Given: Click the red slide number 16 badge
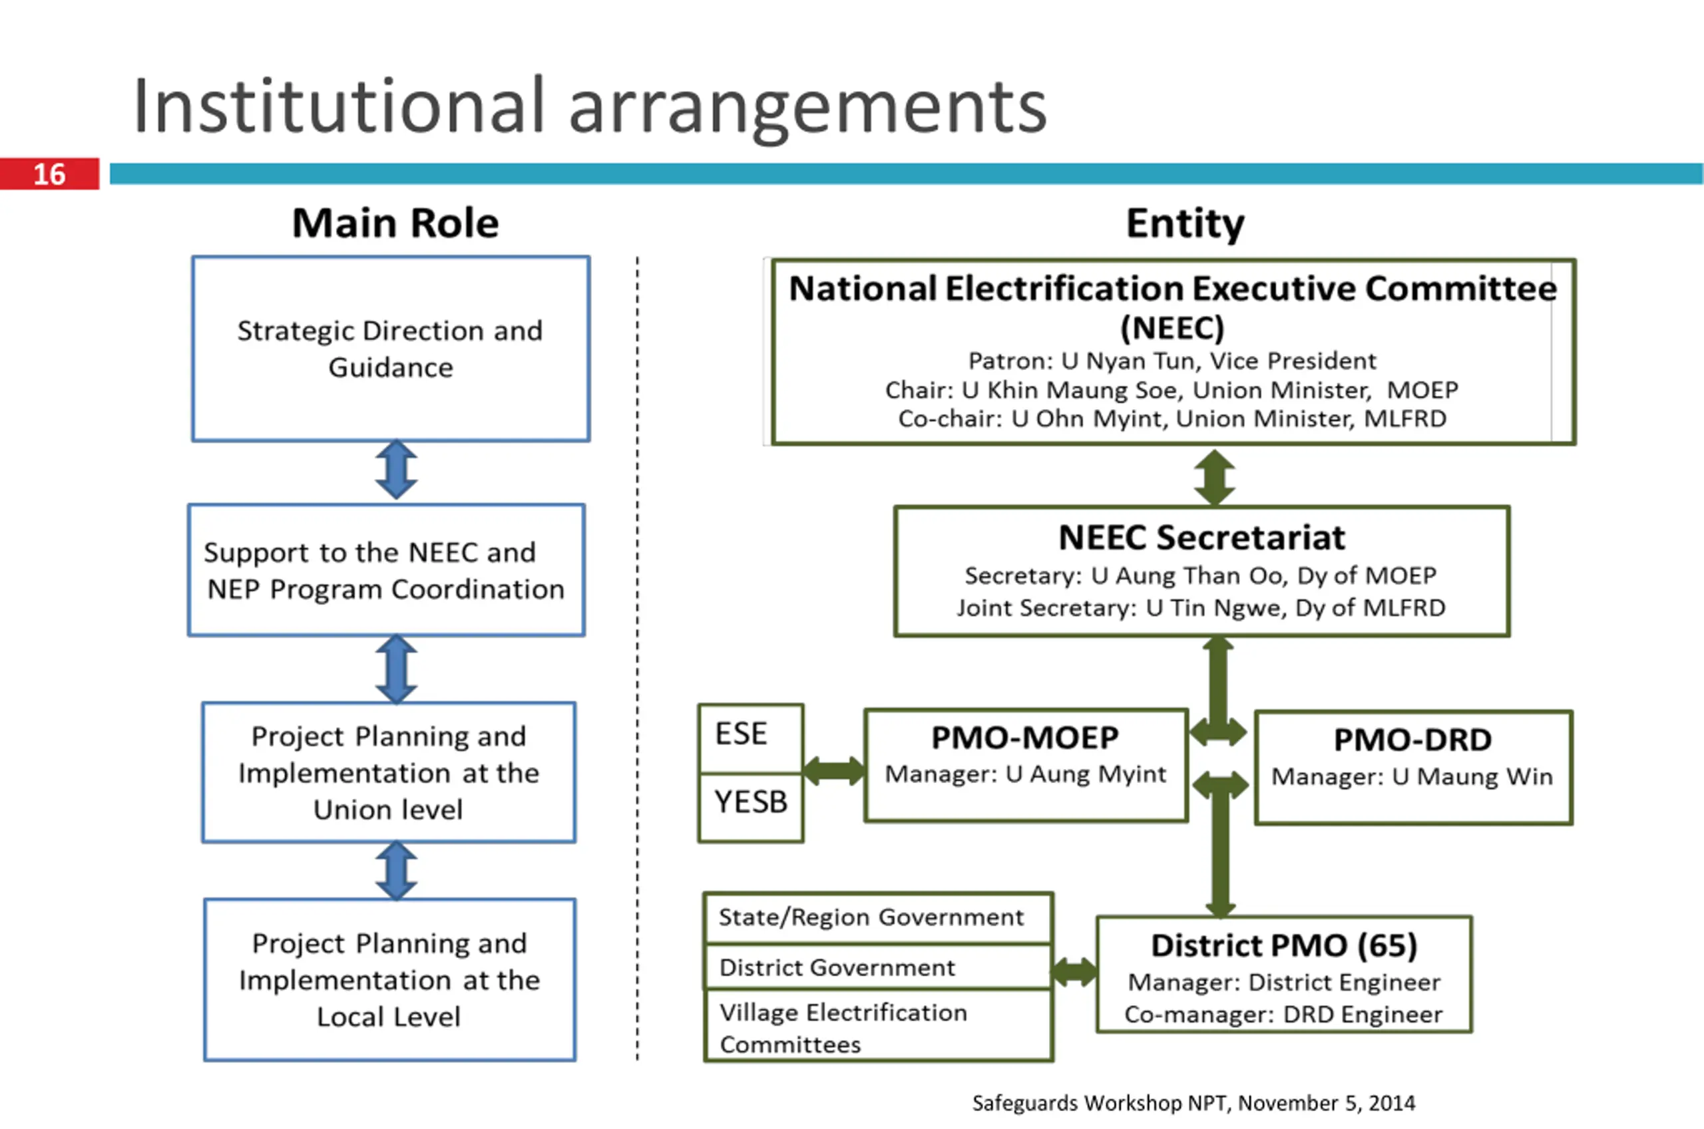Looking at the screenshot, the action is tap(49, 174).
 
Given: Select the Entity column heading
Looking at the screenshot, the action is tap(1185, 224).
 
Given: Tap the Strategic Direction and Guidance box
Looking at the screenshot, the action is tap(390, 349).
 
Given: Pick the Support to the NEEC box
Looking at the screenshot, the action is tap(386, 569).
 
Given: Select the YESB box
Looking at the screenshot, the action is tap(750, 807).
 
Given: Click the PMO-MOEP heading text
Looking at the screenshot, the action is tap(1025, 737).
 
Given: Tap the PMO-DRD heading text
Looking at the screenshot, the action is tap(1412, 739).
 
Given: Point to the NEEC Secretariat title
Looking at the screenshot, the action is tap(1201, 537).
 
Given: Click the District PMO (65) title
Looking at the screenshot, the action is tap(1283, 945).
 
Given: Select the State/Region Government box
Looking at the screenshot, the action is tap(878, 918).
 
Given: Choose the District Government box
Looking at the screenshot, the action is tap(878, 966).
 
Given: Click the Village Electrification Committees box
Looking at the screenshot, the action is tap(878, 1025).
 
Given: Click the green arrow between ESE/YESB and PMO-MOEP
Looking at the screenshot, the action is tap(834, 770).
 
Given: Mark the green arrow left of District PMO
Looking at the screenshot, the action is tap(1074, 971).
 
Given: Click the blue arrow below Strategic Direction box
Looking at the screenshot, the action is tap(396, 470).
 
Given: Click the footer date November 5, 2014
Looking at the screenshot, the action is tap(1327, 1103).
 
